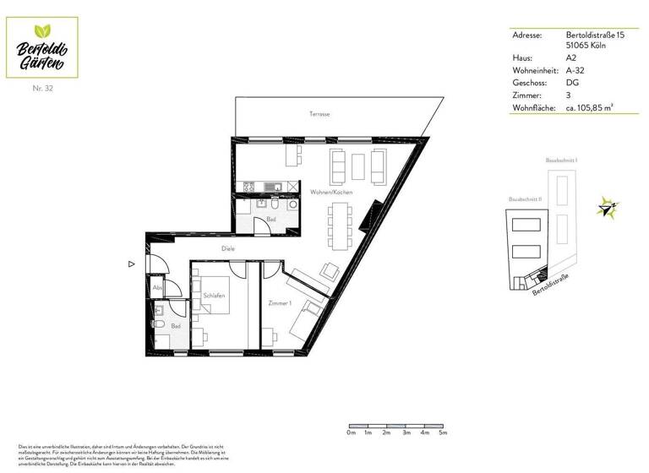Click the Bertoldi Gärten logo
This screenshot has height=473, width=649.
point(42,46)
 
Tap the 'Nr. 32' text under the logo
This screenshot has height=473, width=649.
point(42,88)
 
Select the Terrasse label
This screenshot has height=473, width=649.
point(319,113)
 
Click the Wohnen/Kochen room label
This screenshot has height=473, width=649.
point(331,193)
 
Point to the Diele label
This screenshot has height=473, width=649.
point(227,248)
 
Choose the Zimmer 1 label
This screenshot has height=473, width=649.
point(280,303)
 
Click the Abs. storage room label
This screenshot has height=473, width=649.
point(157,288)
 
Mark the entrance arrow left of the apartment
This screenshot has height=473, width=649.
point(131,264)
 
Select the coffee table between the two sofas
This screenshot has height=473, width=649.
point(357,167)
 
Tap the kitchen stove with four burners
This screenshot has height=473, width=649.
point(250,187)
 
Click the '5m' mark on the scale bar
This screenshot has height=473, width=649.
point(442,432)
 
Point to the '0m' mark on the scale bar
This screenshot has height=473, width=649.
point(351,432)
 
